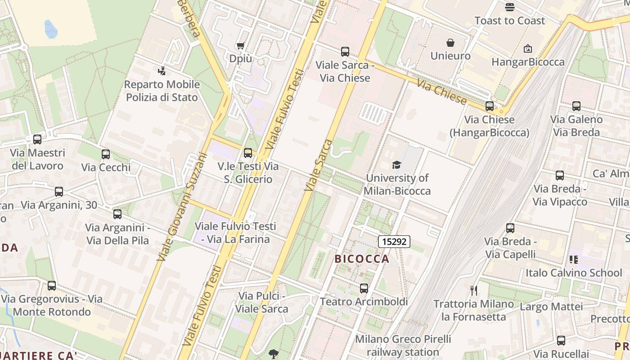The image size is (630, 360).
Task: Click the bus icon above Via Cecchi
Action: click(x=106, y=154)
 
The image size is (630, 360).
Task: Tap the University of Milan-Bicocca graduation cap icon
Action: click(x=396, y=165)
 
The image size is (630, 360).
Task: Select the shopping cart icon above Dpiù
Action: click(x=240, y=45)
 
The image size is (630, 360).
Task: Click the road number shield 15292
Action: click(x=394, y=242)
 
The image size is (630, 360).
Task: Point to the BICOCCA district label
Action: click(x=362, y=259)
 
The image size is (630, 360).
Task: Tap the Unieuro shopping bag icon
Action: click(x=450, y=43)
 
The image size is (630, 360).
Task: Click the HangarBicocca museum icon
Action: click(x=528, y=49)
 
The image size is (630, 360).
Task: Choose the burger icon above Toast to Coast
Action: click(x=509, y=7)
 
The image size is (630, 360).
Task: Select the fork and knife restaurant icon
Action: click(x=473, y=291)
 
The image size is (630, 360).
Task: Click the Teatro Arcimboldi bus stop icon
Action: click(x=364, y=288)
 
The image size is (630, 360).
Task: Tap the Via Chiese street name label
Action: click(x=441, y=92)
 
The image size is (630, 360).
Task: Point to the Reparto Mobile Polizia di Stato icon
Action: click(x=162, y=71)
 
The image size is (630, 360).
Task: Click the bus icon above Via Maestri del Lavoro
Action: click(x=37, y=139)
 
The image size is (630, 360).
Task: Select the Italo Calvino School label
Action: click(x=574, y=273)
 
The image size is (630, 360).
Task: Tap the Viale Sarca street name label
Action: click(x=318, y=165)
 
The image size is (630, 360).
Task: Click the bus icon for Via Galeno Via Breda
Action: click(x=576, y=106)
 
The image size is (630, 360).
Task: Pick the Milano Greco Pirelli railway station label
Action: click(x=403, y=346)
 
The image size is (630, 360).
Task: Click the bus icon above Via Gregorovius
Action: click(x=52, y=286)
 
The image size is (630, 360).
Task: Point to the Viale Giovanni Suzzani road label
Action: click(x=182, y=207)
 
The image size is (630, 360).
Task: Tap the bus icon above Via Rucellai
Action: click(x=561, y=341)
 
